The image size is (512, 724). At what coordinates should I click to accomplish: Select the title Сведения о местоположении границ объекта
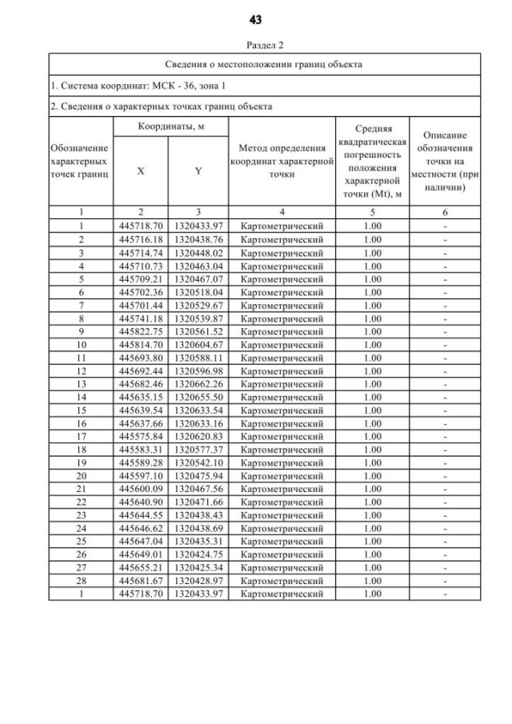click(264, 64)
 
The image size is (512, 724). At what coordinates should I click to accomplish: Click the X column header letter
click(141, 170)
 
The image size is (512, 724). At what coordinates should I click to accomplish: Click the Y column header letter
click(197, 170)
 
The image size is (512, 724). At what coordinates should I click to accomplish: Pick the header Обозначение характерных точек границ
click(80, 161)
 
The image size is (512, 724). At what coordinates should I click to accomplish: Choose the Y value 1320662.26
click(197, 384)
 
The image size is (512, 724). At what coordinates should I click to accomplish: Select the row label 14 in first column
click(81, 397)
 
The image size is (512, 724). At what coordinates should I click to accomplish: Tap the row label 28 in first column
click(81, 579)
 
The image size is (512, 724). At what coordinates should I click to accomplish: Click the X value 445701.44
click(141, 306)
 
